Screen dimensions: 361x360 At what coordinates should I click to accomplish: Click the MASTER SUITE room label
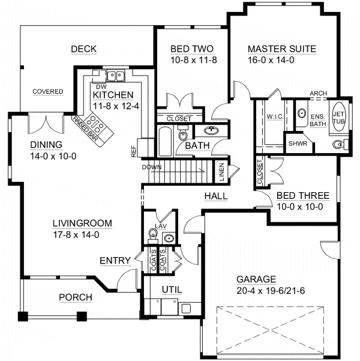coord(281,49)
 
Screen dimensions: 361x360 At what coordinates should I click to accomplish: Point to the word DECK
coord(83,49)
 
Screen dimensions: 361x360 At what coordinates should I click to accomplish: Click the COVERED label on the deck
coord(48,92)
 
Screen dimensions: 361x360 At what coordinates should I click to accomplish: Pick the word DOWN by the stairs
coord(152,168)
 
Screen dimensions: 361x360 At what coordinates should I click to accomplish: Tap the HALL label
coord(215,196)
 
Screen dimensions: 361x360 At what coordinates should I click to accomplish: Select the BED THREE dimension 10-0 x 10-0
coord(299,207)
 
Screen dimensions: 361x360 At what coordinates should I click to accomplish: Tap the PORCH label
coord(75,297)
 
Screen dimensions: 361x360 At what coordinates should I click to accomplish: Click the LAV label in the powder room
coord(160,226)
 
